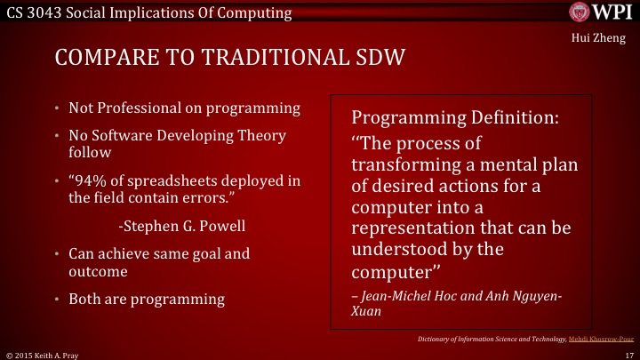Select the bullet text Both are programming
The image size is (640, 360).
coord(147,299)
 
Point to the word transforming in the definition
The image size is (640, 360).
coord(406,164)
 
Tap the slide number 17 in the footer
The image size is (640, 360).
coord(628,353)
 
